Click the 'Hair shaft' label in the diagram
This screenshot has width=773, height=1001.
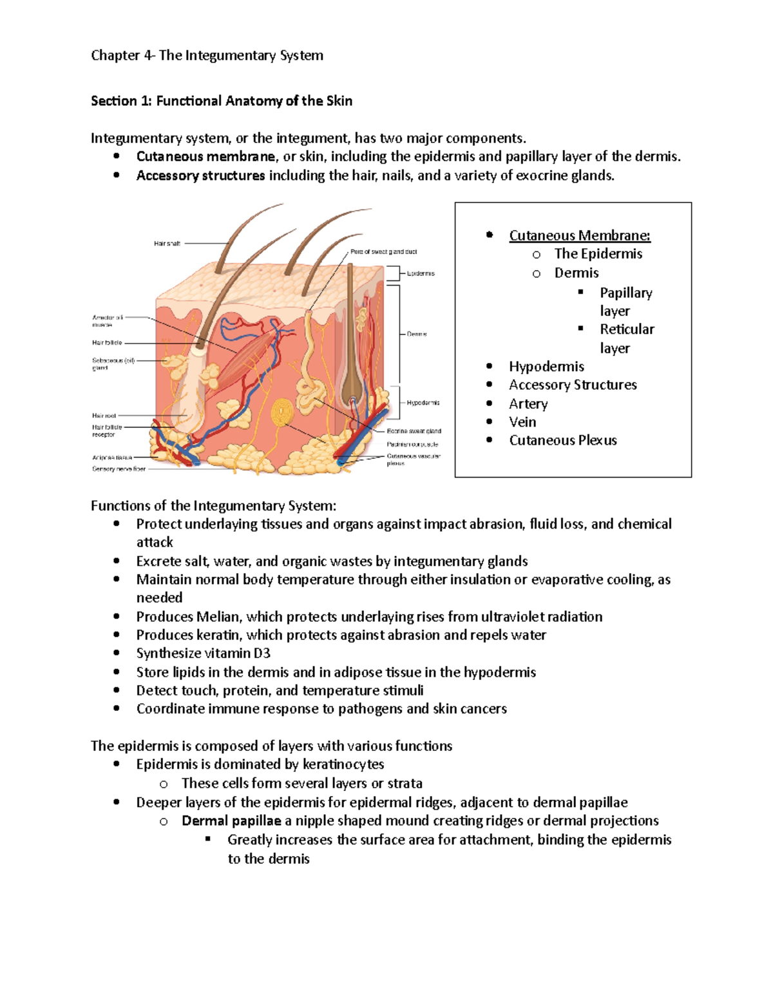click(167, 244)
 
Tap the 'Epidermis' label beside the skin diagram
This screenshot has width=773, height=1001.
click(421, 273)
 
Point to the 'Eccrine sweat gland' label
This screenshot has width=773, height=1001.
click(414, 431)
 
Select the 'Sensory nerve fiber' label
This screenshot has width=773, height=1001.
click(119, 469)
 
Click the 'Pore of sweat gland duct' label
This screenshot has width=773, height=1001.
click(383, 251)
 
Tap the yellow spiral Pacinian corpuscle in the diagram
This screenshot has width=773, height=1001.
click(282, 413)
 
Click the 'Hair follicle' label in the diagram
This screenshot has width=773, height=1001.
click(107, 343)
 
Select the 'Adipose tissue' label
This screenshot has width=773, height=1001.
click(111, 458)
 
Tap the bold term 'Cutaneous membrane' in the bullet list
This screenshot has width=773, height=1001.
click(205, 157)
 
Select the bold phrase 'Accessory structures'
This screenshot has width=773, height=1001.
click(200, 175)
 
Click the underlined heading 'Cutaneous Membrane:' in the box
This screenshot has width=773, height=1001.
click(579, 235)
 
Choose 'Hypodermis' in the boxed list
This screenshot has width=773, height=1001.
click(546, 366)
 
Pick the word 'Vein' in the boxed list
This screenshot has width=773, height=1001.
click(522, 422)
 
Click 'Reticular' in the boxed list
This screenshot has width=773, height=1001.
click(627, 329)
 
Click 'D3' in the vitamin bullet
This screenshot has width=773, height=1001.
click(262, 654)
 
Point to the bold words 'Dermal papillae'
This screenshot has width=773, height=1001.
click(231, 821)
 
